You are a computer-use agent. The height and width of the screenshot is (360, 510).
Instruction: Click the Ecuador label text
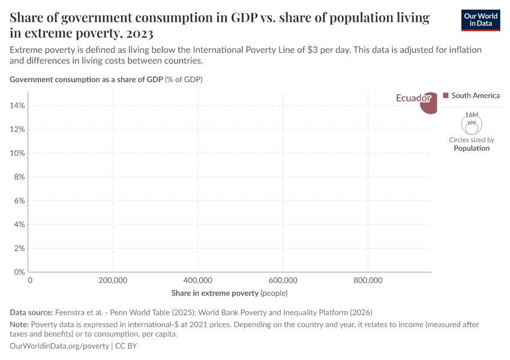tap(413, 98)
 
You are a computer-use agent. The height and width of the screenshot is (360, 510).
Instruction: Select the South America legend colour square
tap(446, 95)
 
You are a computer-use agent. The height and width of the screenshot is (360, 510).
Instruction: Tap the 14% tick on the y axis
tap(17, 106)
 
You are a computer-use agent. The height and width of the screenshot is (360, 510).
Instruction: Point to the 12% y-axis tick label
tap(17, 130)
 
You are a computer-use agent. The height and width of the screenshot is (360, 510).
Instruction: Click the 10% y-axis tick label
tap(17, 153)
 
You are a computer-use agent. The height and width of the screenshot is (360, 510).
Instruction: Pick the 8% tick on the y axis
tap(19, 177)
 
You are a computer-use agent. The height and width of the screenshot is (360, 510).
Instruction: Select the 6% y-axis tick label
tap(19, 201)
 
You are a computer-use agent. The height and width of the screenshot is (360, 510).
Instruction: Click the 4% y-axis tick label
tap(19, 224)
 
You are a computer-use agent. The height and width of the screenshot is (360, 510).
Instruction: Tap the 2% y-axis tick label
tap(19, 248)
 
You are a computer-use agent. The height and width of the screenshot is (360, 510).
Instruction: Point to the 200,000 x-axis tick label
tap(113, 280)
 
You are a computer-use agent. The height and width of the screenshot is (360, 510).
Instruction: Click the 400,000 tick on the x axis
tap(198, 280)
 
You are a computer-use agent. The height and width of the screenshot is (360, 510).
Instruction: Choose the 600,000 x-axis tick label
tap(283, 280)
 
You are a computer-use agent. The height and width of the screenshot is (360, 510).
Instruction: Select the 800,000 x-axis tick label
tap(368, 280)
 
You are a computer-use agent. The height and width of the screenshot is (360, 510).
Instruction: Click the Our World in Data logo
tap(480, 20)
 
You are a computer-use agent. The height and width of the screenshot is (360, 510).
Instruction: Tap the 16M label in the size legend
tap(472, 115)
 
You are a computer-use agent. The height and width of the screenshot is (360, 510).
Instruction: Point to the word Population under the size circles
tap(472, 148)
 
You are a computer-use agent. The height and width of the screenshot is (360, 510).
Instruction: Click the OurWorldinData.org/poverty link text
tap(59, 346)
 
